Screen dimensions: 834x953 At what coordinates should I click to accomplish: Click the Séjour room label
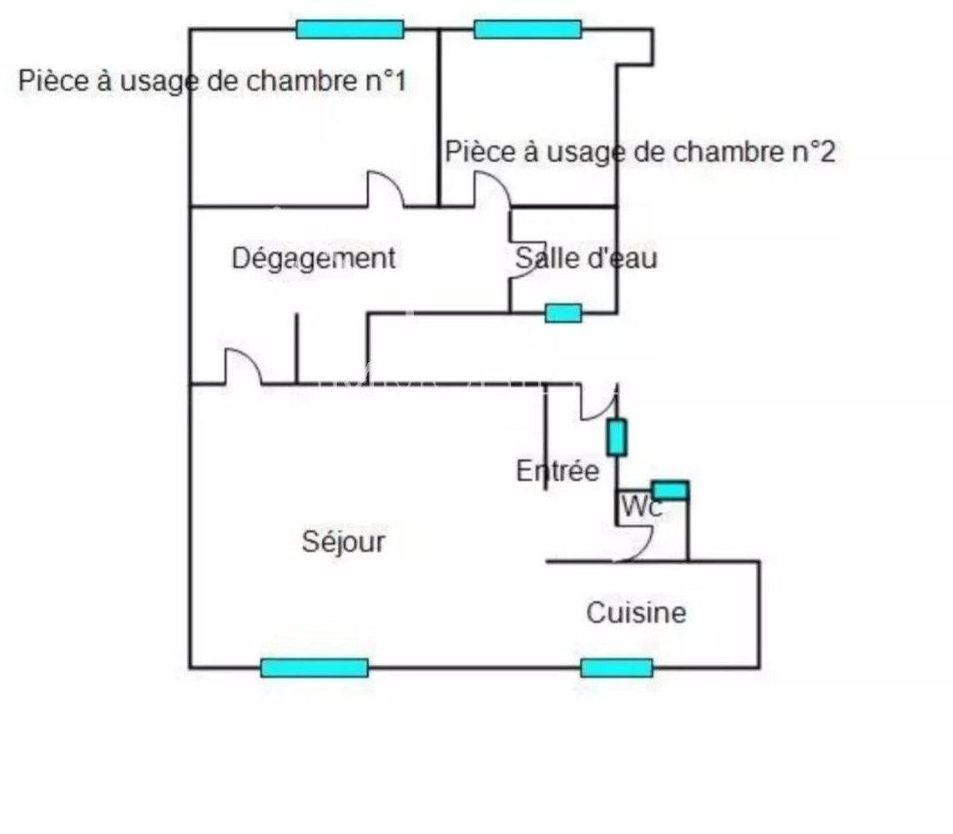343,542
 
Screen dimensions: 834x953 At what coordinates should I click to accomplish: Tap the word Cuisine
636,613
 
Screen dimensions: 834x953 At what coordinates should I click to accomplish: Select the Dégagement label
313,259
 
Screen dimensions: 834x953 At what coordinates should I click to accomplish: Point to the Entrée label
557,471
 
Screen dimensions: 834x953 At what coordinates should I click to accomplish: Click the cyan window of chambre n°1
350,29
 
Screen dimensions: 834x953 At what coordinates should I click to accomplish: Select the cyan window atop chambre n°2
527,29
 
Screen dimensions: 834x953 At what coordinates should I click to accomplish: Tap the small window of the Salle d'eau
563,313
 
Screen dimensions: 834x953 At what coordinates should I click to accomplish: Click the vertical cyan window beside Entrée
616,437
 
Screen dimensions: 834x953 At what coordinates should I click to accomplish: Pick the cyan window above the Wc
669,490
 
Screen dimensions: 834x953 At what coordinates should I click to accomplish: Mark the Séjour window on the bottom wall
314,667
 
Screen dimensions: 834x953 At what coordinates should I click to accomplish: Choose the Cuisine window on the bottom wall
617,667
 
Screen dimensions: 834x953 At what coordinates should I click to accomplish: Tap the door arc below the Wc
637,546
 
